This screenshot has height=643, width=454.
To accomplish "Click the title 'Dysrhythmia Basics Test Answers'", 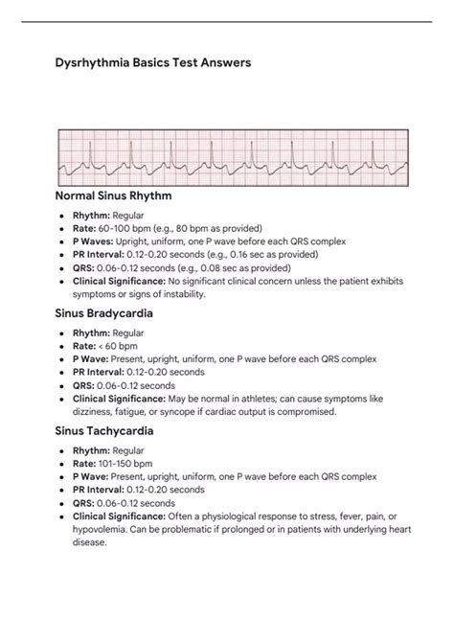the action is pyautogui.click(x=154, y=63).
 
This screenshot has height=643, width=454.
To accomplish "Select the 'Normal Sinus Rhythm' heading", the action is pyautogui.click(x=128, y=196).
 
